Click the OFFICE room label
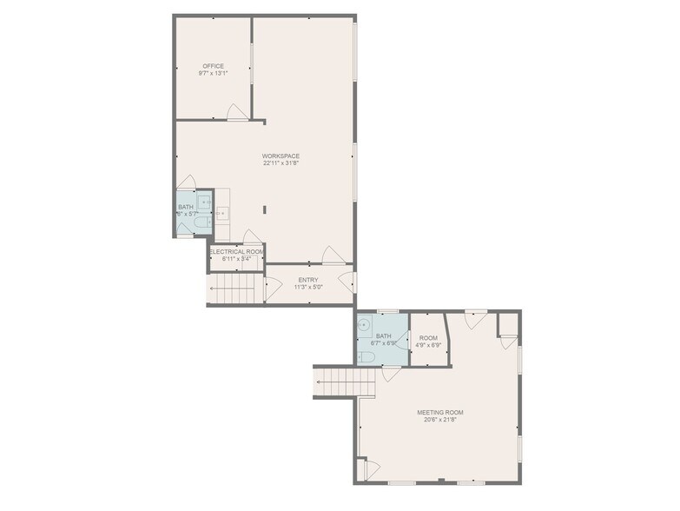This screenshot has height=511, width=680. click(213, 66)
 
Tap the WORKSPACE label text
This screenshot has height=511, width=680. click(281, 156)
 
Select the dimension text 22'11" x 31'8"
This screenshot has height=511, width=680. click(281, 163)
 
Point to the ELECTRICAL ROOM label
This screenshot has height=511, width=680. click(236, 251)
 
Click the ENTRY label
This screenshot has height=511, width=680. click(308, 279)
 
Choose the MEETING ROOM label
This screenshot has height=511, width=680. click(439, 413)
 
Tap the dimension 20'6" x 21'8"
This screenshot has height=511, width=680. click(439, 420)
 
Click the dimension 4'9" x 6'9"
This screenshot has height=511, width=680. click(428, 344)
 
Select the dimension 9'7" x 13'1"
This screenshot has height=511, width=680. click(213, 73)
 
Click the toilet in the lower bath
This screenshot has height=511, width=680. click(366, 355)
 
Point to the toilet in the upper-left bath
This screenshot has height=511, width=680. click(201, 225)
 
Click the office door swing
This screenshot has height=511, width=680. click(235, 111)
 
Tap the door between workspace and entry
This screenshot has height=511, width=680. click(333, 255)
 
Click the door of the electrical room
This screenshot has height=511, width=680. click(250, 237)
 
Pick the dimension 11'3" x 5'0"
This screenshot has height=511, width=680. click(308, 286)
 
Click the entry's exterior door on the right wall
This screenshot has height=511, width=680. click(347, 281)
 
